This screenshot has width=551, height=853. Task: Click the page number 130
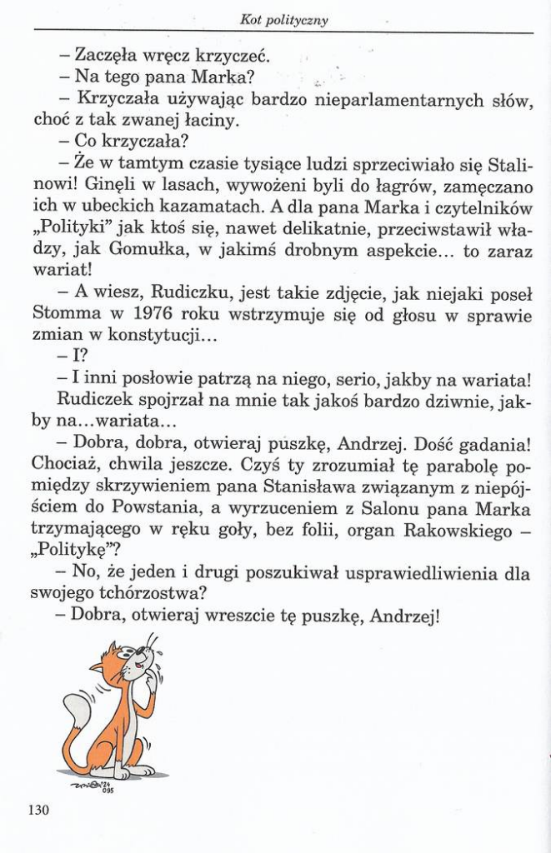[38, 809]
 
